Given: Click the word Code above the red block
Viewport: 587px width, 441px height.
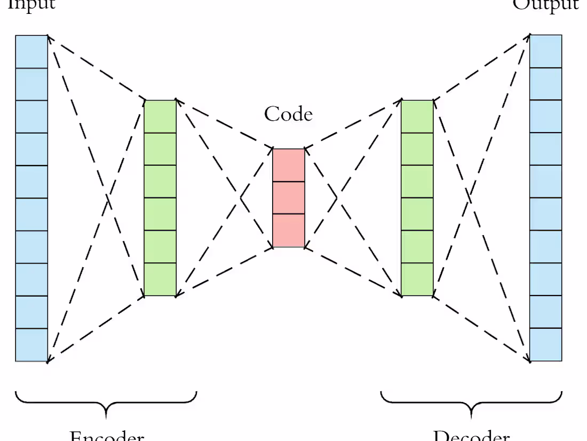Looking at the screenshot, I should [x=288, y=114].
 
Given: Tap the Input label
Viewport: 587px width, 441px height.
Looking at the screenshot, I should [x=31, y=4].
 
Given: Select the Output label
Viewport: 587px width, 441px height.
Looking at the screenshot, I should [x=545, y=4].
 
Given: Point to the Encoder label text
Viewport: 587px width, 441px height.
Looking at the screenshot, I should [x=107, y=435].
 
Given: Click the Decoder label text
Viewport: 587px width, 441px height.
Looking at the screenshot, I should [x=471, y=435].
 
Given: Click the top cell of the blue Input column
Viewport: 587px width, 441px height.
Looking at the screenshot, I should [x=31, y=52].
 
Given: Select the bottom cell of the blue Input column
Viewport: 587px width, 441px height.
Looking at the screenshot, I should [x=31, y=345].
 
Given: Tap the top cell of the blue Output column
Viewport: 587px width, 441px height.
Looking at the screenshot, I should [x=545, y=51].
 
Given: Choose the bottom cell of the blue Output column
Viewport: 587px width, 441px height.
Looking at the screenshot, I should [x=545, y=344].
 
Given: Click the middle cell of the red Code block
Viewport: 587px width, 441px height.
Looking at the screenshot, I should [x=289, y=198].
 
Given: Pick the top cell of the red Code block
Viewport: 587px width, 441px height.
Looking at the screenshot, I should [x=289, y=165].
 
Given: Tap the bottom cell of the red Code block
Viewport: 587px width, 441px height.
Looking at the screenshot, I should [x=289, y=230].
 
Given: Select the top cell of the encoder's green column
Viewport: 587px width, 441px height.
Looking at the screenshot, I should [x=160, y=116].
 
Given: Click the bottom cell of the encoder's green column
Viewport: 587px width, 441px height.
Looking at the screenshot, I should [x=160, y=279].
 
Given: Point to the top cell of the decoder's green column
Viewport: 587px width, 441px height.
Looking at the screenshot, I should [x=417, y=116].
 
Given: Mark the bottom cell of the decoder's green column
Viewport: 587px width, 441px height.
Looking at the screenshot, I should [x=417, y=279].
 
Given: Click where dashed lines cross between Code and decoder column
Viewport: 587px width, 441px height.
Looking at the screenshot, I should [x=337, y=198].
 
